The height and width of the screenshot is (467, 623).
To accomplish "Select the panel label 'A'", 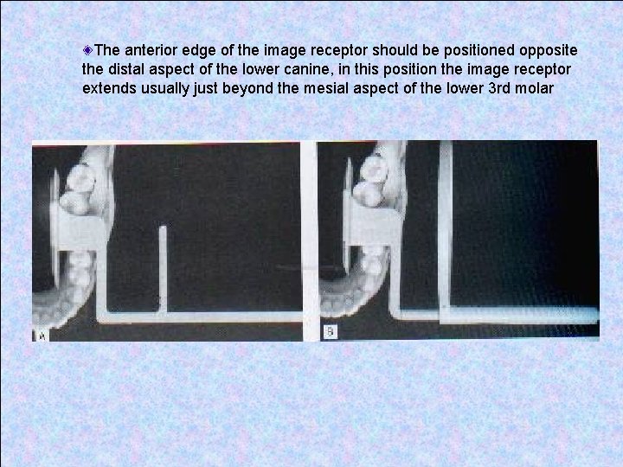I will pos(40,335).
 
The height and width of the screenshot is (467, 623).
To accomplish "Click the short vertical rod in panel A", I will pos(162,268).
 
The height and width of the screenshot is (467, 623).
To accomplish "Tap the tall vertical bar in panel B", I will pos(445,225).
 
